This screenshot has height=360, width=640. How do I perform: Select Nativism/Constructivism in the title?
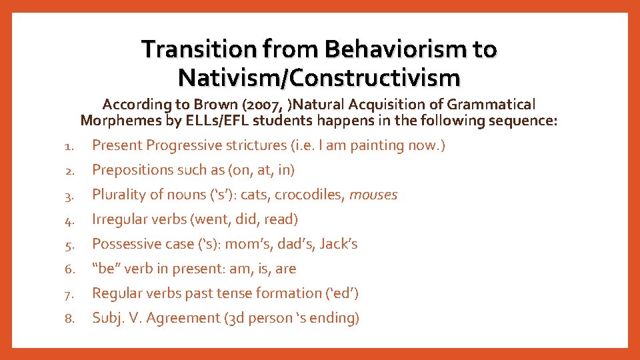coord(319,78)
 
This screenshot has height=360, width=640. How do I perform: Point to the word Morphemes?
coord(115,121)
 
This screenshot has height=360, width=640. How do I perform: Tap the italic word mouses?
coord(373,195)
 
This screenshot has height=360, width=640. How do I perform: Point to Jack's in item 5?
coord(339,244)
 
